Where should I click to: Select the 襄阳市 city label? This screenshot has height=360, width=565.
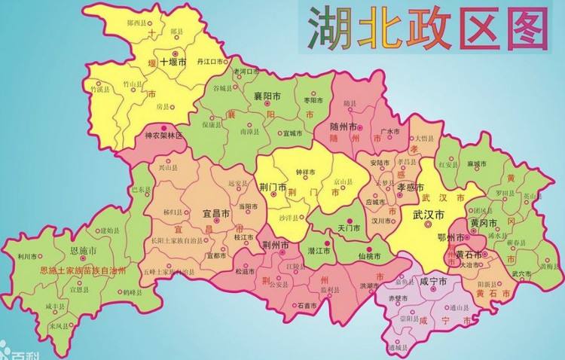pyautogui.click(x=267, y=97)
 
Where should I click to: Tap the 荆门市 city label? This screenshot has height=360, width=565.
pyautogui.click(x=273, y=187)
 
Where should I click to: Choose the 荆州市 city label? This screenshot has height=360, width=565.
pyautogui.click(x=276, y=246)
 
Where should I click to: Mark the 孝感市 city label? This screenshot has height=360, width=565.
pyautogui.click(x=413, y=188)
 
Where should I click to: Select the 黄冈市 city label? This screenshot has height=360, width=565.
pyautogui.click(x=484, y=224)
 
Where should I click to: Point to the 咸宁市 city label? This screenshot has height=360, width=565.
pyautogui.click(x=433, y=281)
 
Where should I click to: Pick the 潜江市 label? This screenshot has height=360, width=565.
pyautogui.click(x=320, y=249)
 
